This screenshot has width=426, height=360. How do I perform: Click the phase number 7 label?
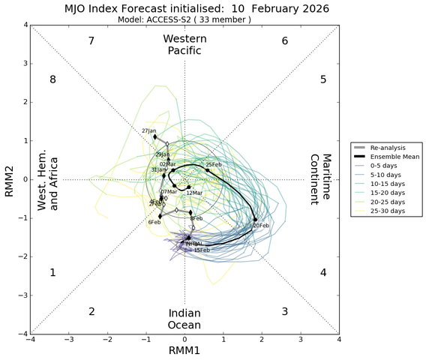tap(91, 41)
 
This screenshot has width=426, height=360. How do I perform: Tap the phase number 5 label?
tap(323, 79)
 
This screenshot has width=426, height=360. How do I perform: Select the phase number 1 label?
tap(52, 273)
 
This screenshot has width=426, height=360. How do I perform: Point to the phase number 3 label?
tap(285, 311)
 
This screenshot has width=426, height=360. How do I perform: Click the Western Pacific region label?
tap(184, 44)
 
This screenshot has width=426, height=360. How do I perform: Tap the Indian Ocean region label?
tap(184, 318)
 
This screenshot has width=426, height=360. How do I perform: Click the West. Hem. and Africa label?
tap(49, 179)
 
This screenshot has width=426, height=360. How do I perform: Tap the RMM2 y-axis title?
tap(9, 180)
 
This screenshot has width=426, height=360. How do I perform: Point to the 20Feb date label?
tap(261, 226)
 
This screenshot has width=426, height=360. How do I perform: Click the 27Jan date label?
tap(149, 131)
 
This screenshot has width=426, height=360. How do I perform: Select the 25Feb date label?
tap(214, 164)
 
